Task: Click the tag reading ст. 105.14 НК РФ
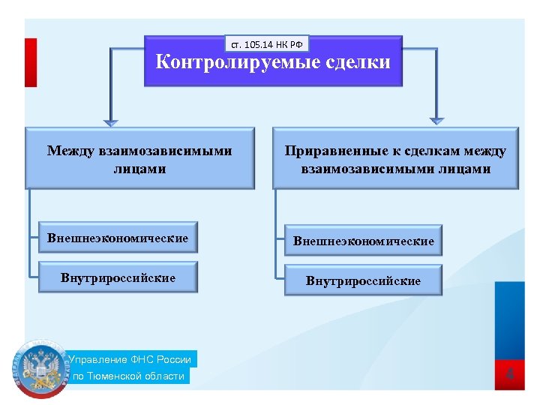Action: (x=266, y=44)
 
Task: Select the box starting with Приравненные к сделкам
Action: (x=395, y=159)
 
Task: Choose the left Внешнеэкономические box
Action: (x=118, y=238)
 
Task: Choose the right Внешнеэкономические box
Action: (x=363, y=241)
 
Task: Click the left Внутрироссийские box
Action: (x=118, y=277)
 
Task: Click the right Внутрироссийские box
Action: (x=363, y=281)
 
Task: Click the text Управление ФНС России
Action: (x=130, y=359)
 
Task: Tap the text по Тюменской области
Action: (x=128, y=376)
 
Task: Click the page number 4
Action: (x=510, y=373)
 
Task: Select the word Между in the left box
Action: (x=70, y=151)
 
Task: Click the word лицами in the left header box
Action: (x=139, y=169)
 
